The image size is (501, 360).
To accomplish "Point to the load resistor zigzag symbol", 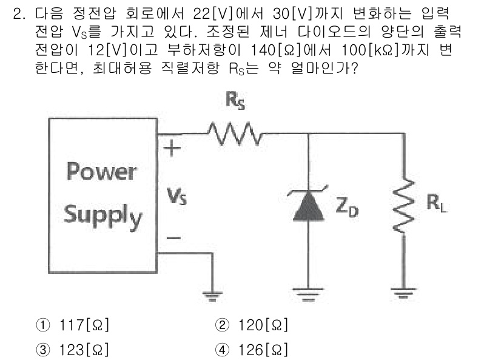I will coord(403,207).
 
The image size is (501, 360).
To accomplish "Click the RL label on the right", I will coord(435,202).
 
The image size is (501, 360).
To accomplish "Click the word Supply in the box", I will coord(103,214).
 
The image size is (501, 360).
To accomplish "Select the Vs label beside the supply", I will coord(174,195).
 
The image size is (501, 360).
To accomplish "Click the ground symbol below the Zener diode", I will coord(309,293).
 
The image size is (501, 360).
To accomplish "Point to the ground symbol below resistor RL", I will coord(403,293).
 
